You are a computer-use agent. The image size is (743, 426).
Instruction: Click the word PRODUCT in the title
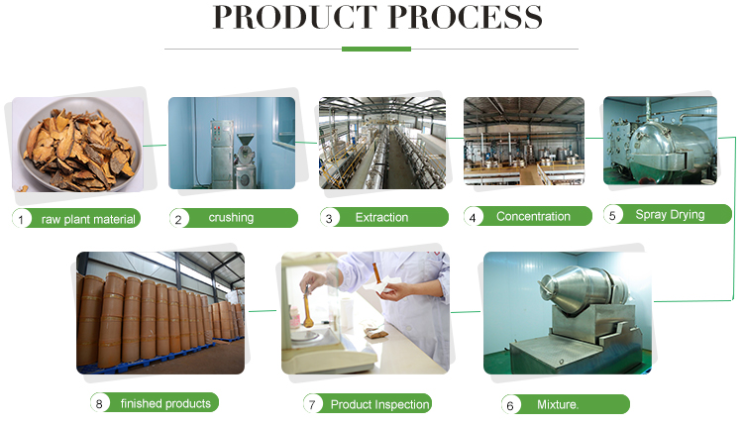point(293,17)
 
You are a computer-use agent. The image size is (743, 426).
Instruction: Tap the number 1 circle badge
point(20,219)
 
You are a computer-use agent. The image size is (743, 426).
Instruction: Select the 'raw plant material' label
point(88,219)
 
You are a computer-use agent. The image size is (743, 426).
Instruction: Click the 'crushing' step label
point(231,217)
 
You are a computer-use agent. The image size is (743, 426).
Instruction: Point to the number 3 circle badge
point(330,217)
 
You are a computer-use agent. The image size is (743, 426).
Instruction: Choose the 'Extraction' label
point(381,217)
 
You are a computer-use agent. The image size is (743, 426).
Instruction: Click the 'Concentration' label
point(533,216)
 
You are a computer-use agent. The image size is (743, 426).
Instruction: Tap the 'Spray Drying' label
point(670,214)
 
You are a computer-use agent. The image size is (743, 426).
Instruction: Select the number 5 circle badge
point(613,214)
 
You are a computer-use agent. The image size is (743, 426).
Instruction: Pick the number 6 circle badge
point(511,404)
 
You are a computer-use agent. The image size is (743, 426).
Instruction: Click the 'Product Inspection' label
point(379,404)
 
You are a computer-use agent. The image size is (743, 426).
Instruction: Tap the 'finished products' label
point(164,403)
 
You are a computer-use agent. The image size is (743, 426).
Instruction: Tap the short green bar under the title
point(375,48)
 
